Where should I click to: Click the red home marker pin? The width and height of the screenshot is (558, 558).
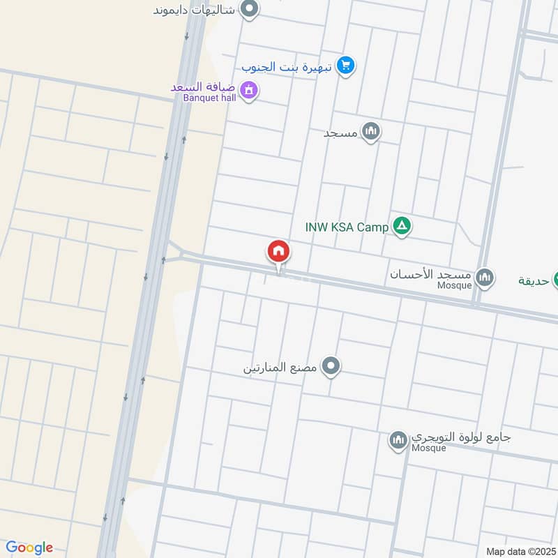pos(278,252)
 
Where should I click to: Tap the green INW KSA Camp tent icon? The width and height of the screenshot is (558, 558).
pos(401,226)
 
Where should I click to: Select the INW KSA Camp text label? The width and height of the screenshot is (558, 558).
pos(347,227)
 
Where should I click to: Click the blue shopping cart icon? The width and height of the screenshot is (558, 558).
pos(345,66)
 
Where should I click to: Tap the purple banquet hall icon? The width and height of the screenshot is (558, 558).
pos(248,90)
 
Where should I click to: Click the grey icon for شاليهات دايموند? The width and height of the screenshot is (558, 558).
pos(249,9)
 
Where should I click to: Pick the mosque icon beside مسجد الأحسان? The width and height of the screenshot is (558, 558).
pos(485,278)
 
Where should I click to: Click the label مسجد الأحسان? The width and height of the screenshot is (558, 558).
pos(431,274)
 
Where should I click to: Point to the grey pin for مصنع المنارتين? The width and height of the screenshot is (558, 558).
pos(331,365)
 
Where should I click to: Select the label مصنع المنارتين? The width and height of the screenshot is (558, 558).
pos(280,368)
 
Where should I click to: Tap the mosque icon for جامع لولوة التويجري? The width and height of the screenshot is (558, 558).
pos(398,440)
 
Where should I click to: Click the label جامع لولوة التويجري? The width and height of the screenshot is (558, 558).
pos(460,437)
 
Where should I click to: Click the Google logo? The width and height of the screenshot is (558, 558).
pos(29,548)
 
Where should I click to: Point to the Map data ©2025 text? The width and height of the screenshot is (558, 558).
pos(520,551)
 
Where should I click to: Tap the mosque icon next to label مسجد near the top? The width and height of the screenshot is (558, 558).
pos(371,131)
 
